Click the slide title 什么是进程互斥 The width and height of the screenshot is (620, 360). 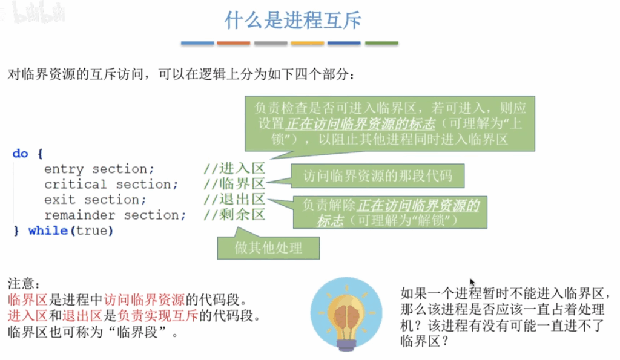point(293,20)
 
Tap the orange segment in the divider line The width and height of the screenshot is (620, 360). point(234,43)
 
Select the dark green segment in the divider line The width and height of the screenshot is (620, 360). point(381,43)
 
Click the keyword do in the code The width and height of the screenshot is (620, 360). point(20,153)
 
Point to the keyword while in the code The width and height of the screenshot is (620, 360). point(48,231)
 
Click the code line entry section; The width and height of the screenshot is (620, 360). point(99,169)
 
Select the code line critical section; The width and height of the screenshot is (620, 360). point(111,184)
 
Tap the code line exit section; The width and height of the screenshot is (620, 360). point(95,200)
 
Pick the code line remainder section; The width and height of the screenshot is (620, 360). point(114,215)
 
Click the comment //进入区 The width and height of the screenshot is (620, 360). point(234,169)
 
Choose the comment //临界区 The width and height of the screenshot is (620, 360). point(234,184)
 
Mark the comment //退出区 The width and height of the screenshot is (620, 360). point(234,199)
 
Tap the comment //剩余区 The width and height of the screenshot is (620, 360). point(234,215)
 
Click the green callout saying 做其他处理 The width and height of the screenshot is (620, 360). point(268,248)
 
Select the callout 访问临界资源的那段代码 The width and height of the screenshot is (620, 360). point(378,176)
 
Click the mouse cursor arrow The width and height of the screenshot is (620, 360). point(472,282)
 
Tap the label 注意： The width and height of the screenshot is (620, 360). point(24,283)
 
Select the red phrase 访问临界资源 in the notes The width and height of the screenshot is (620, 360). point(144,299)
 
